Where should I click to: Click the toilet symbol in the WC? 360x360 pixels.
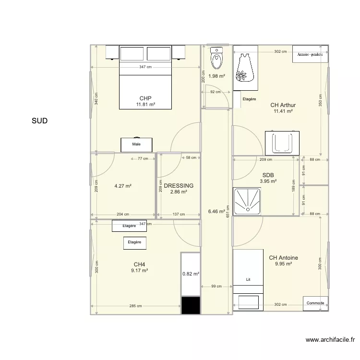pyautogui.click(x=216, y=58)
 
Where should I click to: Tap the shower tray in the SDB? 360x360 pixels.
pyautogui.click(x=247, y=201)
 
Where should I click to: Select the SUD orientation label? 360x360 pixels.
pyautogui.click(x=40, y=121)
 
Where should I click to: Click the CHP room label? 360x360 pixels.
pyautogui.click(x=145, y=98)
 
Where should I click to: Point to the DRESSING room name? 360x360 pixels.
pyautogui.click(x=179, y=185)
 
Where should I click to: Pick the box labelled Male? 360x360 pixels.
pyautogui.click(x=136, y=144)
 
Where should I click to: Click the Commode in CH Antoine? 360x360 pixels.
pyautogui.click(x=315, y=303)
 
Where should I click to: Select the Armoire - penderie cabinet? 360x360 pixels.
pyautogui.click(x=310, y=54)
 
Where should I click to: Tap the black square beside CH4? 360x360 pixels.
pyautogui.click(x=191, y=305)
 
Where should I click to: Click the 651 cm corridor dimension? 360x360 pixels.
pyautogui.click(x=228, y=212)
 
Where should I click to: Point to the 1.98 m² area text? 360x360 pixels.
pyautogui.click(x=216, y=76)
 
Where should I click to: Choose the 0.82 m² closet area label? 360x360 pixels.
pyautogui.click(x=191, y=274)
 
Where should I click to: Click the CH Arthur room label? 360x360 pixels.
pyautogui.click(x=283, y=105)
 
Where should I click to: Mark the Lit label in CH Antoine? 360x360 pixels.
pyautogui.click(x=248, y=279)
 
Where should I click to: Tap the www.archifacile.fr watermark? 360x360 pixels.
pyautogui.click(x=330, y=340)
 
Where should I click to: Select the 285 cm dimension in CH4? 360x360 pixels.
pyautogui.click(x=135, y=306)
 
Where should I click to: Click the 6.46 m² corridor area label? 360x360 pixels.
pyautogui.click(x=216, y=212)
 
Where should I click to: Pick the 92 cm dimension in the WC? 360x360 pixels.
pyautogui.click(x=216, y=92)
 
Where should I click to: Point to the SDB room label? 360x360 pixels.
pyautogui.click(x=268, y=175)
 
